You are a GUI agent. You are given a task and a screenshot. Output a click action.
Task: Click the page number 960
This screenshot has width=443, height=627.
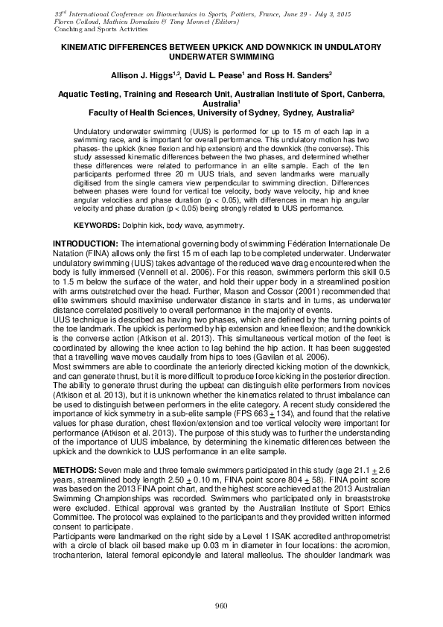coord(220,605)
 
